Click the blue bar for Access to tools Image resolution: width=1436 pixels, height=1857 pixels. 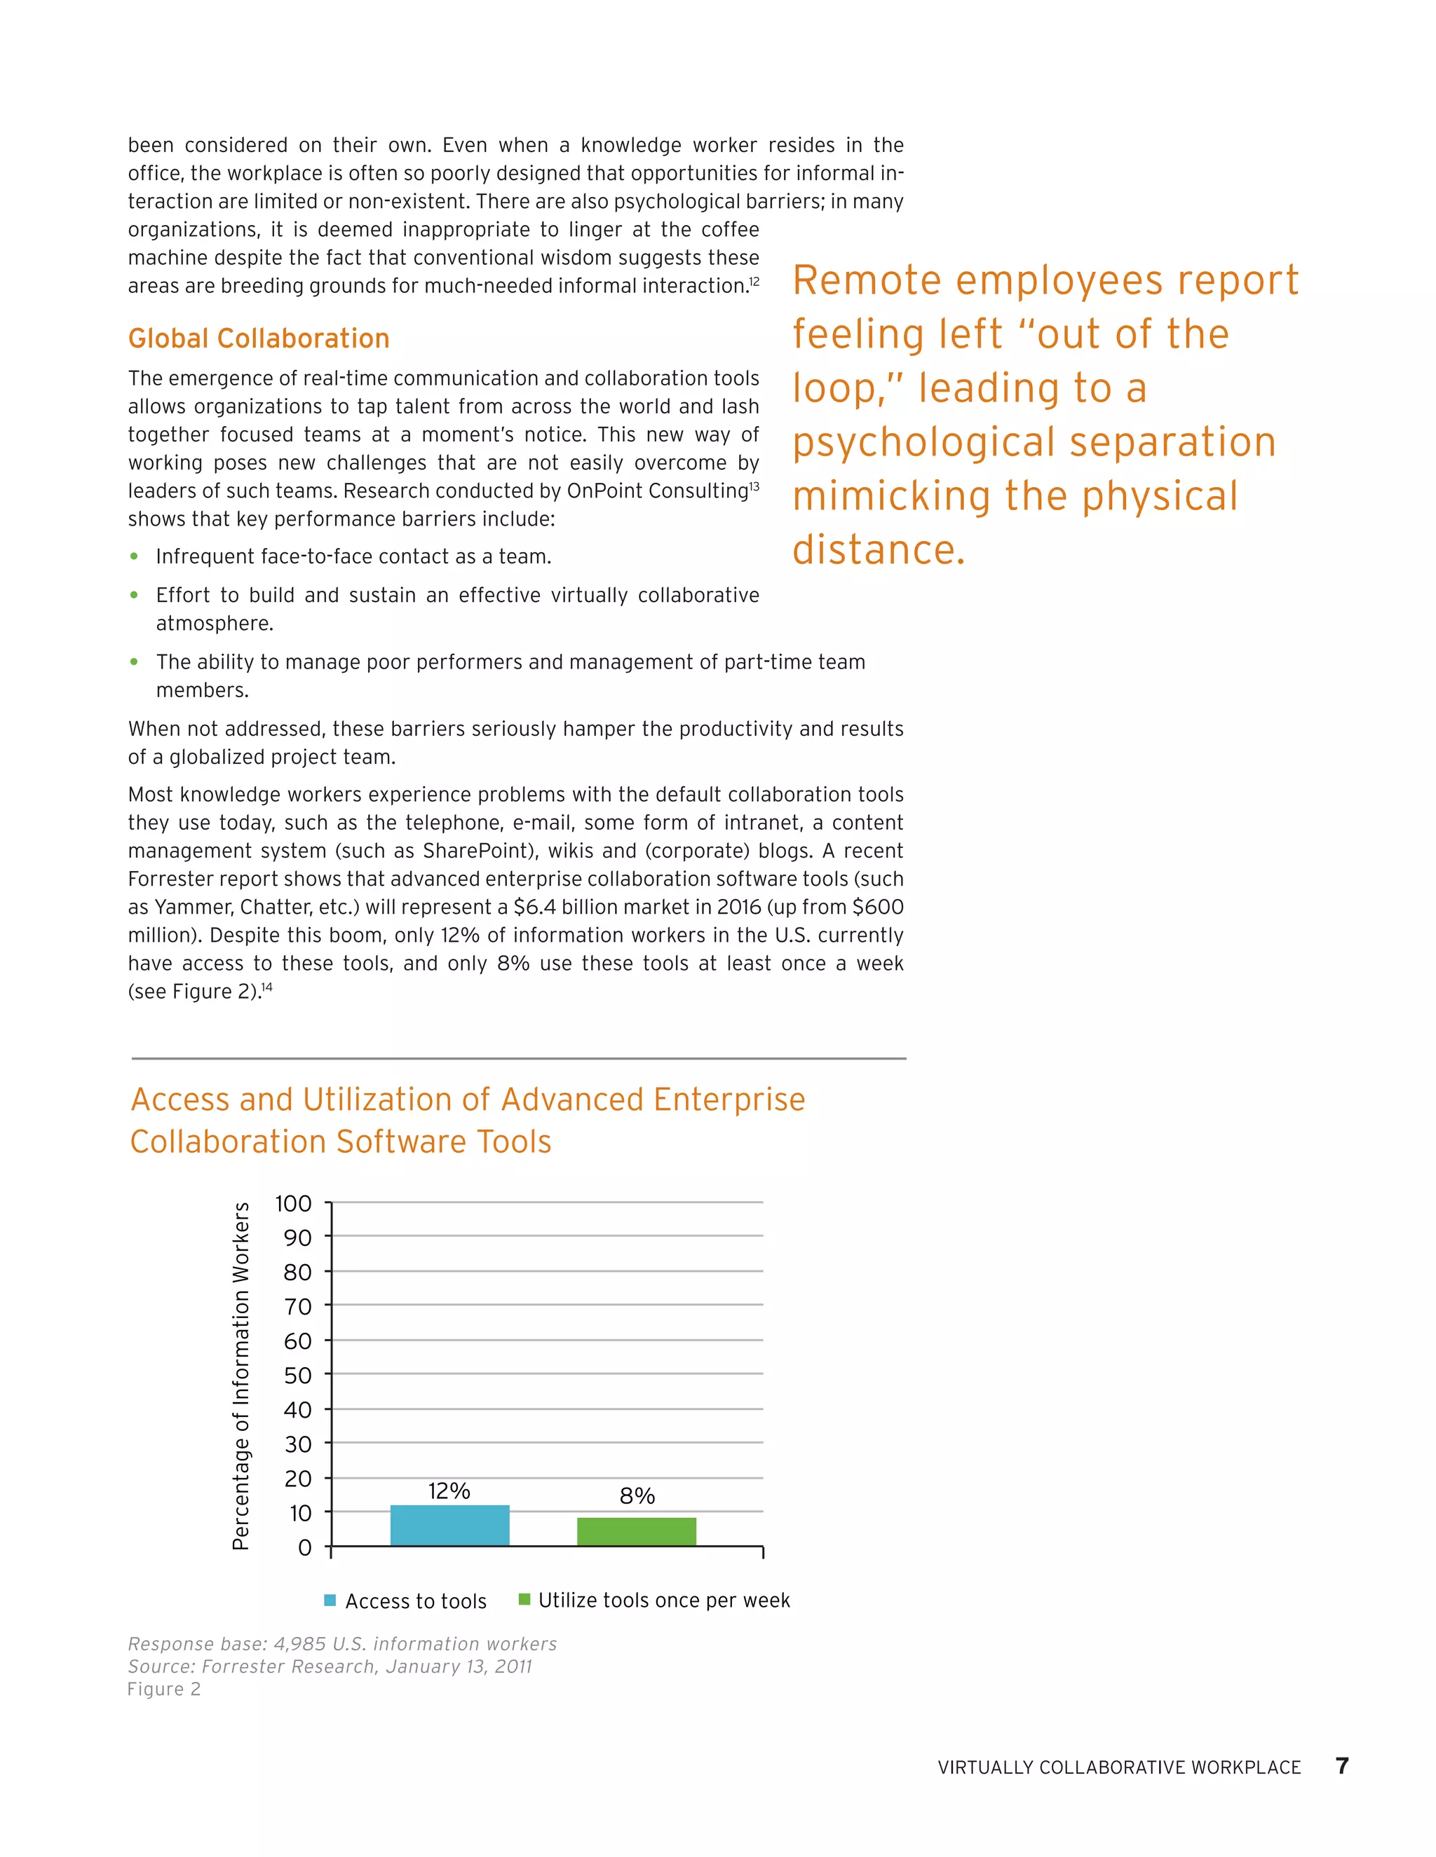[449, 1526]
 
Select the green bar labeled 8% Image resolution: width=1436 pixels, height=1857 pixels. [637, 1531]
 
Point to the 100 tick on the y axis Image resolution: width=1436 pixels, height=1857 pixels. [294, 1203]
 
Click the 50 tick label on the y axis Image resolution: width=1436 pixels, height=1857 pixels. [298, 1375]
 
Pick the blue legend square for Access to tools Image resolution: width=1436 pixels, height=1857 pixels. [330, 1601]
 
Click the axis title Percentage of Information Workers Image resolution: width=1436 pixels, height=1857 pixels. [241, 1375]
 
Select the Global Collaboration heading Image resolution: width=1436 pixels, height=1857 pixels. [259, 338]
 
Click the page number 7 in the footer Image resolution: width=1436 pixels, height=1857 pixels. [1341, 1766]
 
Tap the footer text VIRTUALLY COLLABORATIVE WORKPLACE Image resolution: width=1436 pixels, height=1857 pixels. [1118, 1768]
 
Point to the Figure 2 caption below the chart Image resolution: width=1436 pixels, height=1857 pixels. [164, 1690]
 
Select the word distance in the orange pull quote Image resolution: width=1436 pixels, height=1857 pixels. [878, 550]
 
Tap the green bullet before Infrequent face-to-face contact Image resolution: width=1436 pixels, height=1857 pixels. [133, 556]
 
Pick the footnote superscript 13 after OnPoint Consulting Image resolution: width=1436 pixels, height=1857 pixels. [754, 486]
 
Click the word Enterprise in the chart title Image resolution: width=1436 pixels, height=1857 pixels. [729, 1099]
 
